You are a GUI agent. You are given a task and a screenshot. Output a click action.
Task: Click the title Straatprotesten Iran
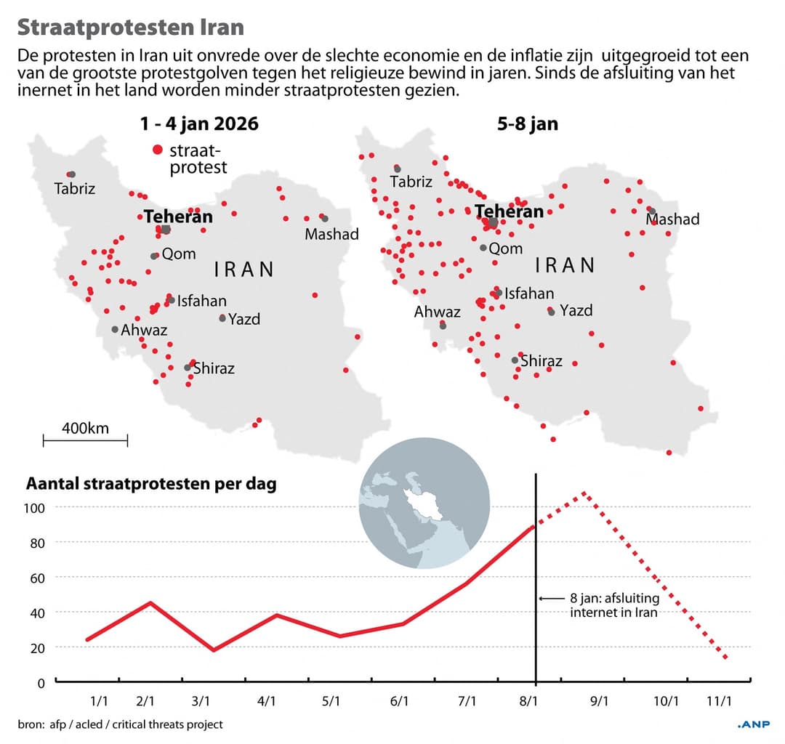point(131,27)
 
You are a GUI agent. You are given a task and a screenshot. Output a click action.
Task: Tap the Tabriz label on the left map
point(74,190)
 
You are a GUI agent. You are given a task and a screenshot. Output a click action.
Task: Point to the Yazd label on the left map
point(244,319)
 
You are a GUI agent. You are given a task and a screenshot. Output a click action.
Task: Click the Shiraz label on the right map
point(542,361)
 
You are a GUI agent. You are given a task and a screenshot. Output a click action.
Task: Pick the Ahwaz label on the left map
point(144,330)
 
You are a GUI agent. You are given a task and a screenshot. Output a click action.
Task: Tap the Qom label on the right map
point(506,248)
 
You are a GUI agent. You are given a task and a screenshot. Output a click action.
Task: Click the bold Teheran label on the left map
point(178,217)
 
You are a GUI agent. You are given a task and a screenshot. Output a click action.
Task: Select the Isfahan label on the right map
point(529,294)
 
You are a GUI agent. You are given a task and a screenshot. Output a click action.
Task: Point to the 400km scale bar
point(85,440)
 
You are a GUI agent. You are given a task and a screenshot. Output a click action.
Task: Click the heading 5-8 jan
point(528,124)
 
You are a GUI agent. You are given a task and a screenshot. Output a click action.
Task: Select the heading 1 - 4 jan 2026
point(199,124)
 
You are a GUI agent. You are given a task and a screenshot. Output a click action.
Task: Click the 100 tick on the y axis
point(36,508)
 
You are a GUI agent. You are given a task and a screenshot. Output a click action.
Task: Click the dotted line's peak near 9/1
point(584,494)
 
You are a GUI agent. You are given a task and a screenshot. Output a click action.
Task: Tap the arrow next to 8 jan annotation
point(551,599)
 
